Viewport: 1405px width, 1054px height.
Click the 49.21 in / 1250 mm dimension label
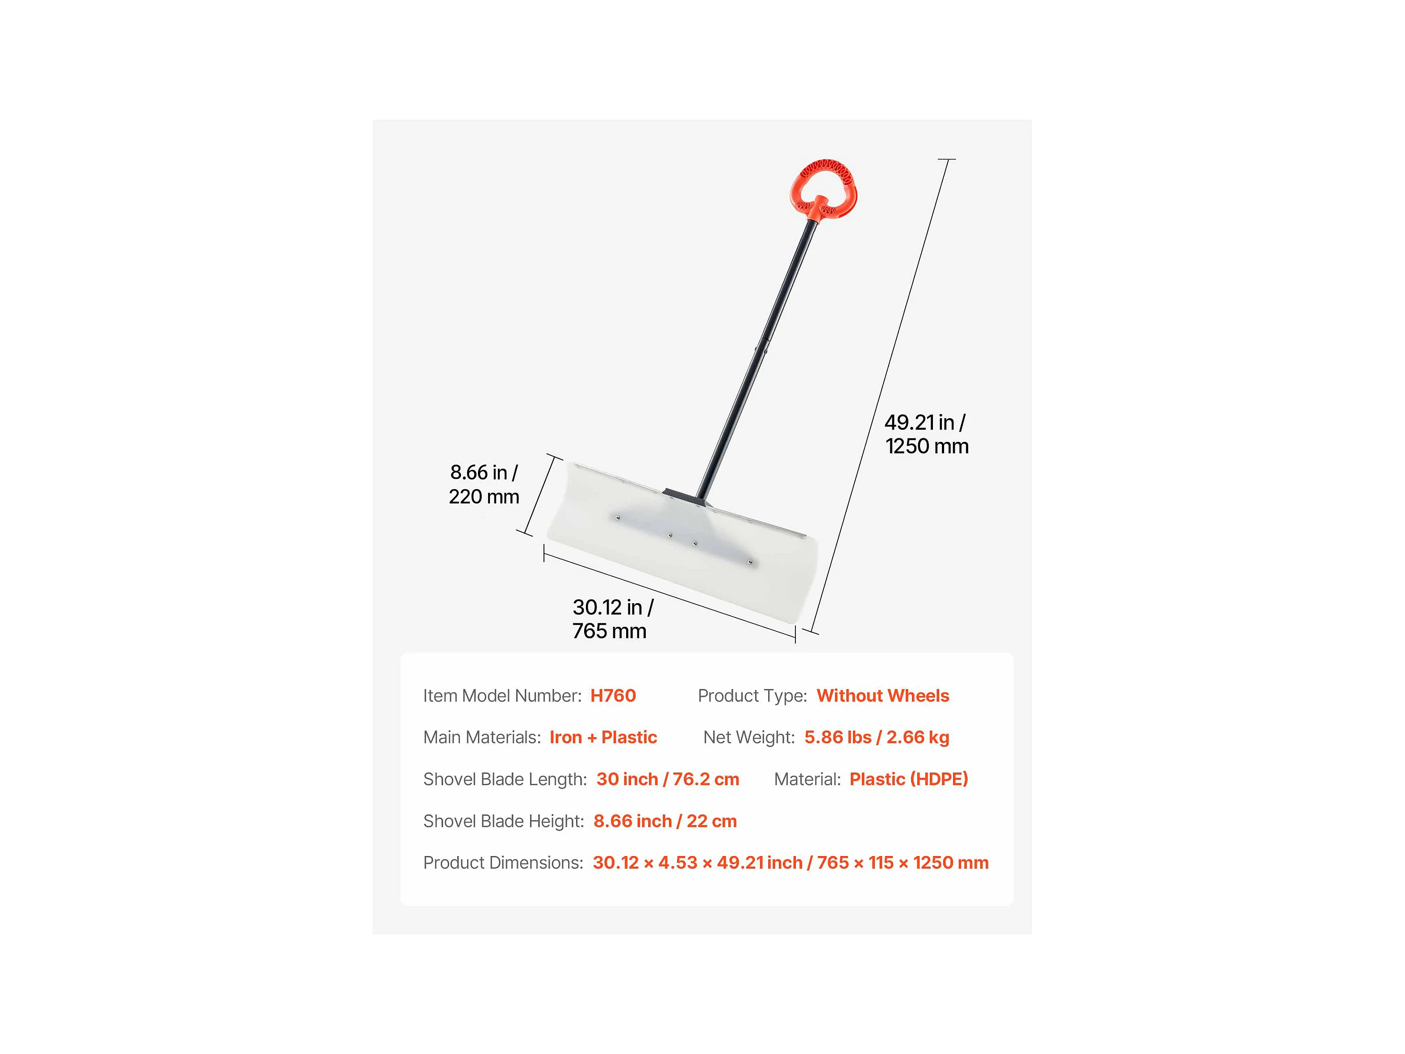point(926,434)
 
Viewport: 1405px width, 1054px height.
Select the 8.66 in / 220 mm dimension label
point(484,484)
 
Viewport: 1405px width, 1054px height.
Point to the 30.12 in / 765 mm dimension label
point(612,619)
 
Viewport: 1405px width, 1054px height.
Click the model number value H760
point(613,696)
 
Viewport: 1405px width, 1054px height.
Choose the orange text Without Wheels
point(882,696)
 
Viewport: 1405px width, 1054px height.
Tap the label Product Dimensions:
point(503,863)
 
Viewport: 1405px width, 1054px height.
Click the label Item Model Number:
point(502,696)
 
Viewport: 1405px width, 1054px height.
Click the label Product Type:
point(752,696)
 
